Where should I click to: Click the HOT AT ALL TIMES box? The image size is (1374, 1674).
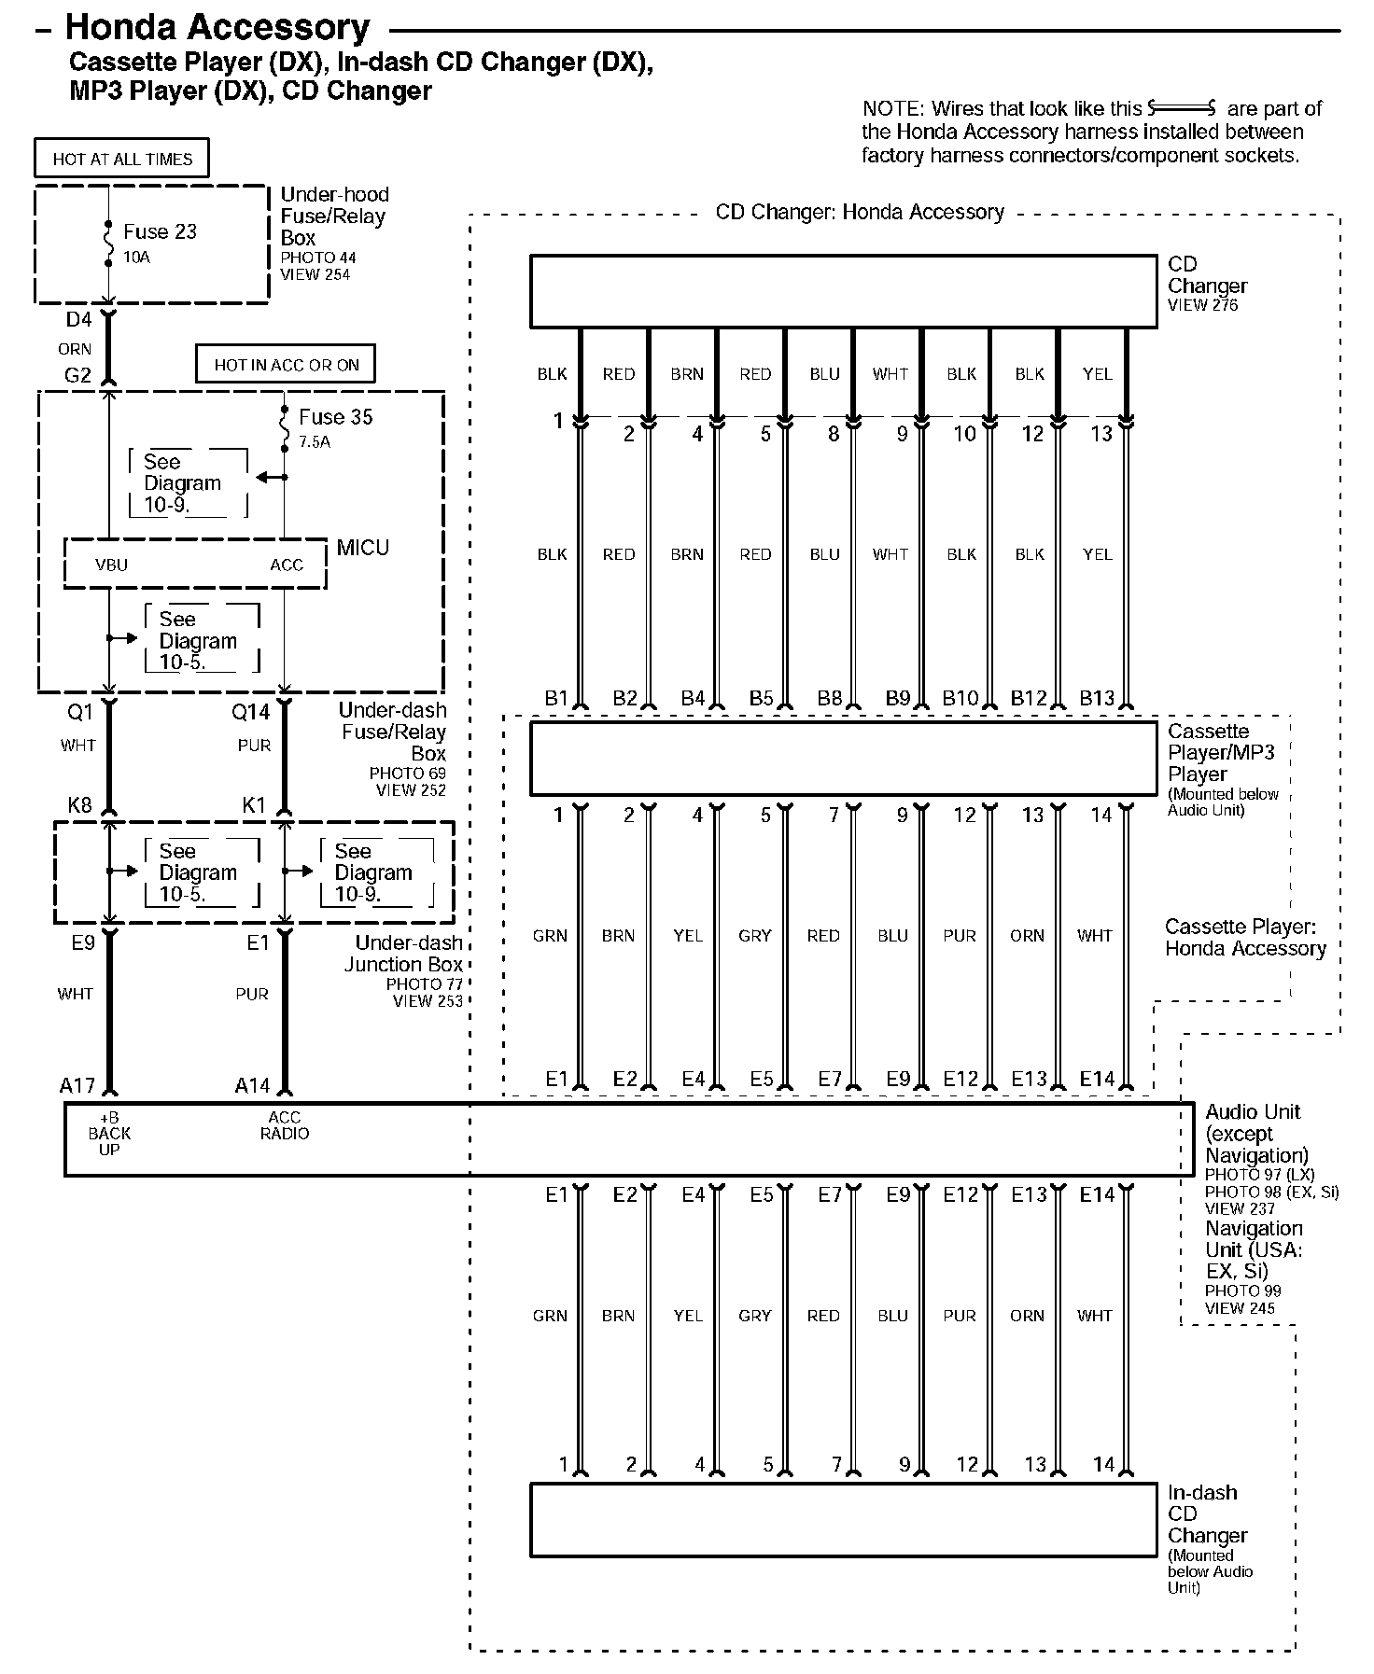coord(121,159)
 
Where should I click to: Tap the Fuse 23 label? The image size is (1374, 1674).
coord(160,231)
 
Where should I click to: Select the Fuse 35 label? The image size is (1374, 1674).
coord(335,417)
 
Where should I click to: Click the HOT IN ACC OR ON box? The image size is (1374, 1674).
coord(286,365)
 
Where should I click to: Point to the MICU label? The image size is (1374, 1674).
coord(363,548)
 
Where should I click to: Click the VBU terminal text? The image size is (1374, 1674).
coord(111,565)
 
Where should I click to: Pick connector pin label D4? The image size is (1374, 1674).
coord(78,320)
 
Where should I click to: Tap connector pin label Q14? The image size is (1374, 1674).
coord(250,713)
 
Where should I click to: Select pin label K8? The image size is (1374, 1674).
coord(79,804)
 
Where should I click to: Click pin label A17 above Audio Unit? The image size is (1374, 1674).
coord(77,1085)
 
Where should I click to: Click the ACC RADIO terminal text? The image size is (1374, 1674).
coord(285,1125)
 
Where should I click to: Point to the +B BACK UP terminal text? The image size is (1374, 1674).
coord(109,1134)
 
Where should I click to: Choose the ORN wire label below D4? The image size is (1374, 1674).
coord(75,349)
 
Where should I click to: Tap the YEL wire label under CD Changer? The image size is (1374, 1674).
coord(1097,374)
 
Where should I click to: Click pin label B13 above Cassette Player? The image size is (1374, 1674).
coord(1097,698)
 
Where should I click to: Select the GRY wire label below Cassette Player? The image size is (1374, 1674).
coord(754,936)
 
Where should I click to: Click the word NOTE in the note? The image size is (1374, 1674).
coord(890,109)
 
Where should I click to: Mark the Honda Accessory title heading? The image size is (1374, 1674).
coord(217,28)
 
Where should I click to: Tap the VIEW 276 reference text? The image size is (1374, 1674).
coord(1202,305)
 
